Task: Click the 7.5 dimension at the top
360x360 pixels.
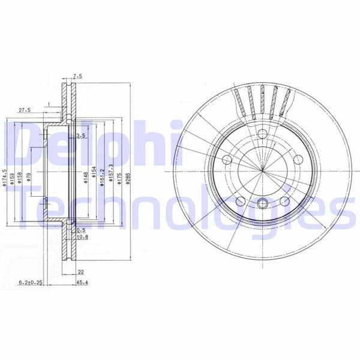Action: tap(77, 76)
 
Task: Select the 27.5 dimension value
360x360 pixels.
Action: tap(25, 110)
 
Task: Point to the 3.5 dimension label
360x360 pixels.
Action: tap(81, 137)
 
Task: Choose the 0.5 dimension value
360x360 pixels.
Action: tap(81, 229)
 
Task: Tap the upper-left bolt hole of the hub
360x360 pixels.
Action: tap(227, 160)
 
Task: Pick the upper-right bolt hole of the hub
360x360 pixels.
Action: tap(299, 160)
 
